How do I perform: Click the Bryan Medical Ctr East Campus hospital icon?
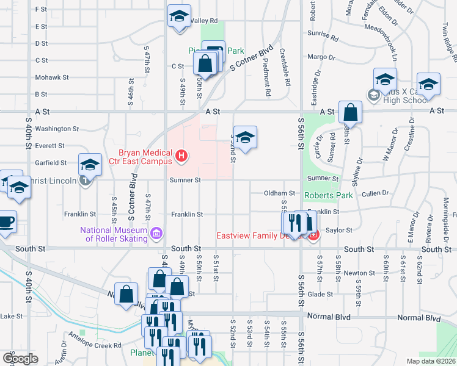coord(181,157)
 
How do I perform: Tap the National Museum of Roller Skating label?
coord(114,234)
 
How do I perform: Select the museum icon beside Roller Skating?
coord(156,233)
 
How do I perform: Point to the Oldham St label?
coord(279,193)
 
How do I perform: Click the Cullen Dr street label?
coord(375,193)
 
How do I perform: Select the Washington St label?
coord(57,129)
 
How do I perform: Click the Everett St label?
coord(49,146)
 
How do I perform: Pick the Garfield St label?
coord(51,163)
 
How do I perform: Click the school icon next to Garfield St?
coord(90,165)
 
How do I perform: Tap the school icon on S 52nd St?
coord(244,138)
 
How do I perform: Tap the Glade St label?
coord(320,293)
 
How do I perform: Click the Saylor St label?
coord(340,230)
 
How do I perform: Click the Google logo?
coord(21,359)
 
